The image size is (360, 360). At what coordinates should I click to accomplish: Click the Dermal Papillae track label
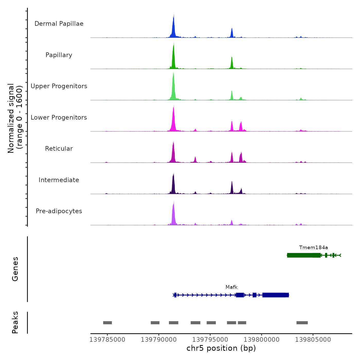59,24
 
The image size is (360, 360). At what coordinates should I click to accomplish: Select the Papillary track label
59,55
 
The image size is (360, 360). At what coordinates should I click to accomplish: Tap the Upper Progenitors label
59,86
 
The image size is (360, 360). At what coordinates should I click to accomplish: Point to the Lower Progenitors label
59,118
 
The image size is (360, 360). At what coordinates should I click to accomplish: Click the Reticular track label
59,149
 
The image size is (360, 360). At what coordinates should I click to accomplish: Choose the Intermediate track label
59,180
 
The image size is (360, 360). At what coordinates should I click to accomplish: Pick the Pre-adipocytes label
59,211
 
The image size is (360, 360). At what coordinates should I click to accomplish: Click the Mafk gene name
231,287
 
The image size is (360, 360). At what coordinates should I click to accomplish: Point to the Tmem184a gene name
313,248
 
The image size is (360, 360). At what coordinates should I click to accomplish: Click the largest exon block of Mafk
275,295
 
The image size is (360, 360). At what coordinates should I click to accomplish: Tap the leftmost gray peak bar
107,323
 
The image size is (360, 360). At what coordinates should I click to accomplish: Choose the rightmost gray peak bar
302,323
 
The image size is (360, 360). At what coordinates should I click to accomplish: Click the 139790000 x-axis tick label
159,340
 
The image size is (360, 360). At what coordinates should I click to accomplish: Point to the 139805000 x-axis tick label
313,340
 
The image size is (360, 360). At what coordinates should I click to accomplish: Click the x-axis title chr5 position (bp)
221,348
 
